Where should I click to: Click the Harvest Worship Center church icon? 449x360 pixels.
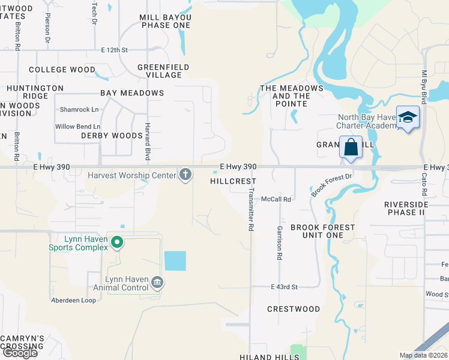pyautogui.click(x=186, y=175)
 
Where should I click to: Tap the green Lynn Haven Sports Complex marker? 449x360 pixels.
pyautogui.click(x=117, y=243)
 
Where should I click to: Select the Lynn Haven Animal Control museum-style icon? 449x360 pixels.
pyautogui.click(x=157, y=282)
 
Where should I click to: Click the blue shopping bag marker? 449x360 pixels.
pyautogui.click(x=351, y=147)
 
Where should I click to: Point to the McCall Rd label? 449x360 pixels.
pyautogui.click(x=276, y=199)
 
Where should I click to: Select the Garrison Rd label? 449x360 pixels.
pyautogui.click(x=279, y=243)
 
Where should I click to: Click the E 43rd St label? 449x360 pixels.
pyautogui.click(x=284, y=287)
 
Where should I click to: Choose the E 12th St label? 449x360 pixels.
pyautogui.click(x=115, y=50)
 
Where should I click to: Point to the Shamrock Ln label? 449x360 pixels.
pyautogui.click(x=79, y=109)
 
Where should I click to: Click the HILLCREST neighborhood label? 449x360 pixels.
pyautogui.click(x=233, y=181)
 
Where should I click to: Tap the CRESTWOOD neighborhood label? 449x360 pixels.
pyautogui.click(x=294, y=309)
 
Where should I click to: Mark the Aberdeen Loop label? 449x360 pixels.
pyautogui.click(x=73, y=300)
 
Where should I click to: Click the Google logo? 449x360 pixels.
pyautogui.click(x=19, y=353)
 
